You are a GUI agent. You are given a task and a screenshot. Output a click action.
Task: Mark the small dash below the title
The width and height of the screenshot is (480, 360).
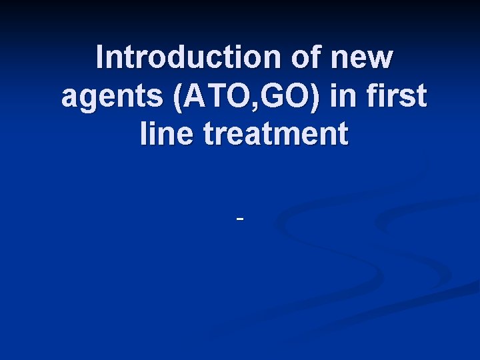coord(240,218)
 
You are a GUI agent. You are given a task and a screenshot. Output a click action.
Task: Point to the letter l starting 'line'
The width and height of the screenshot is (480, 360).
coord(145,134)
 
